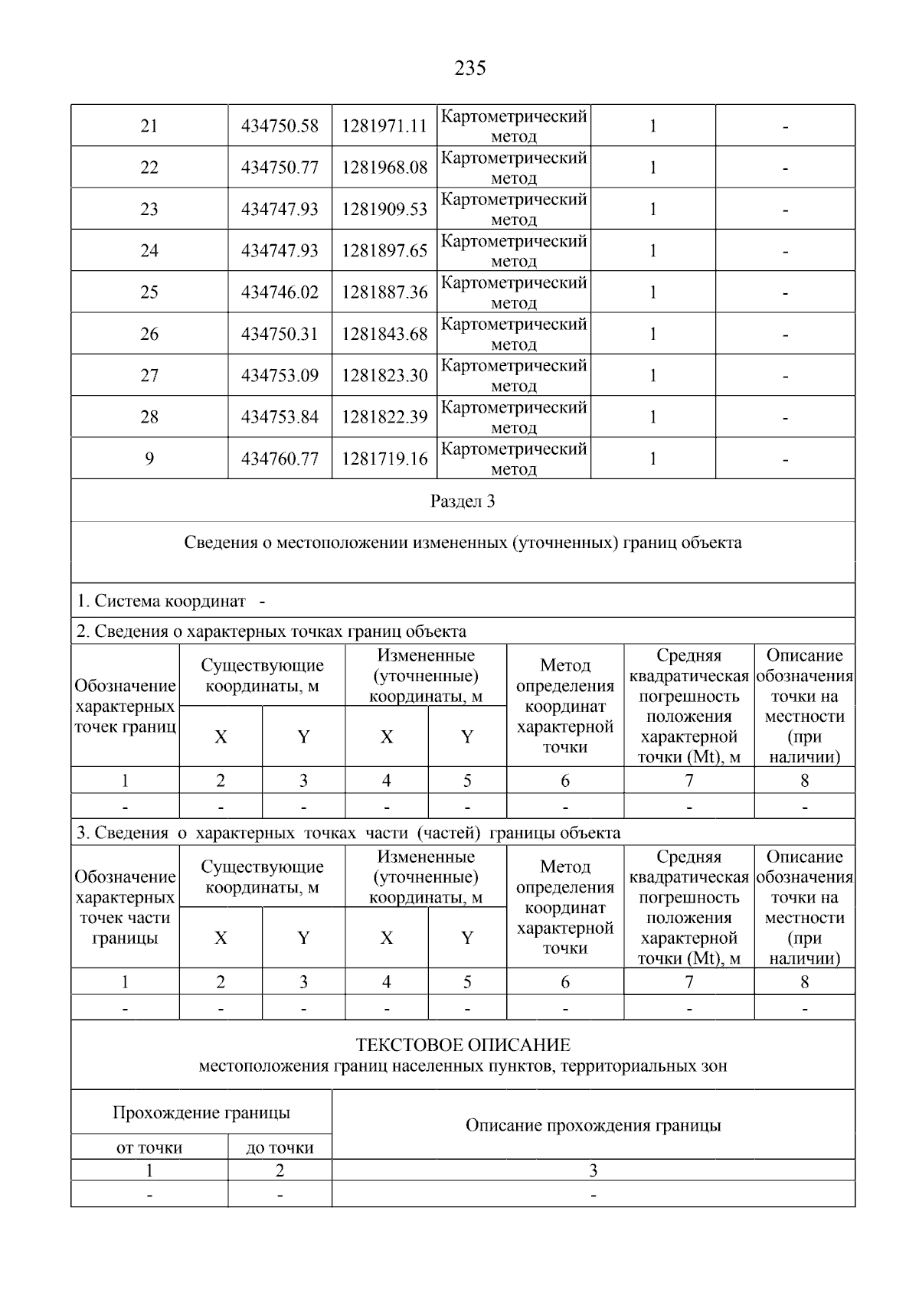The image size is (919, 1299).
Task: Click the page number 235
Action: (x=470, y=69)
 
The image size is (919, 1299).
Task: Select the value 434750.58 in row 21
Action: (x=280, y=126)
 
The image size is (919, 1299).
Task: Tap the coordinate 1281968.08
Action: (x=384, y=168)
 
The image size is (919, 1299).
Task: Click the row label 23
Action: (x=149, y=209)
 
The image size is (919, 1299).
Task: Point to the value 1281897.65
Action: (x=384, y=251)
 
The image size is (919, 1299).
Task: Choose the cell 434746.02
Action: (x=280, y=292)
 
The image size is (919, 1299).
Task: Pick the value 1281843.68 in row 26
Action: (x=384, y=335)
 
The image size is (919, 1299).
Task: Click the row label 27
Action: (x=149, y=376)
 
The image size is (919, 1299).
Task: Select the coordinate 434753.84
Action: (x=280, y=417)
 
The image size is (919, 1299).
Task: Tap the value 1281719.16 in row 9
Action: (x=384, y=459)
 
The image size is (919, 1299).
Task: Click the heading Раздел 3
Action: (x=463, y=501)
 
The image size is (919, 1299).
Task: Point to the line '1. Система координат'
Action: (x=161, y=602)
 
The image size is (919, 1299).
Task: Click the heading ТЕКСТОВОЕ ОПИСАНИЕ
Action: (x=463, y=1045)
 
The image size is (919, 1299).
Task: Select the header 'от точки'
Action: (x=149, y=1147)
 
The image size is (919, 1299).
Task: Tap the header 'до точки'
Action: (x=280, y=1147)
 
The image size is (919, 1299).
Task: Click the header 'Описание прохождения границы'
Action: (x=593, y=1125)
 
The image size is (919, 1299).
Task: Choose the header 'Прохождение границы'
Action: (x=201, y=1113)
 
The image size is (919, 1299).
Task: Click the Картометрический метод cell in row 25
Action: (x=514, y=292)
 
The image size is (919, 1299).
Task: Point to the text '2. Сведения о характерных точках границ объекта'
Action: (x=271, y=632)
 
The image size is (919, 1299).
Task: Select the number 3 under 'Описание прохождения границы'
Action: (x=593, y=1170)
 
